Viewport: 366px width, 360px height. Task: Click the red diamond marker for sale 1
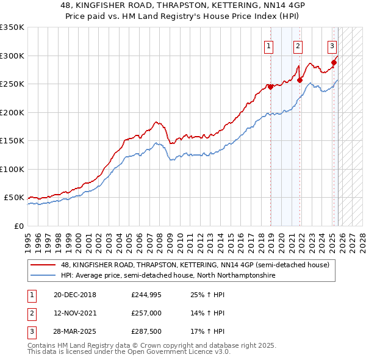click(x=270, y=87)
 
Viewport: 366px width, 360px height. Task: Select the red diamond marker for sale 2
click(x=300, y=80)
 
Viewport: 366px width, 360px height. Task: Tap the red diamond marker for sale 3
click(x=334, y=62)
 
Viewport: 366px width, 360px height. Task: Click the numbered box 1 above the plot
click(x=269, y=45)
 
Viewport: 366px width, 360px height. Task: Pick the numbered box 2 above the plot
click(x=298, y=45)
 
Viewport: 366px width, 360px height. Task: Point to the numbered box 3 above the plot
click(x=332, y=45)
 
